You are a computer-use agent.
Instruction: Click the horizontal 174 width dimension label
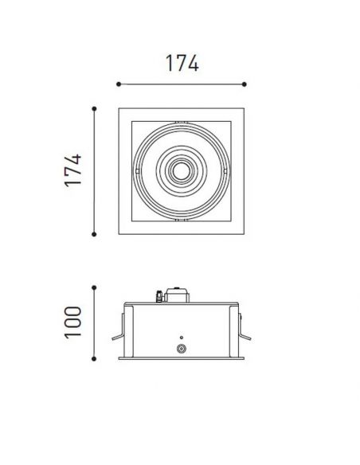pyautogui.click(x=181, y=62)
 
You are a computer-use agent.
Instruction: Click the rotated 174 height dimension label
pyautogui.click(x=74, y=170)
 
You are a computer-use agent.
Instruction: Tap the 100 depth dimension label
pyautogui.click(x=73, y=321)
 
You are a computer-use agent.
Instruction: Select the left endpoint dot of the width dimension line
pyautogui.click(x=118, y=83)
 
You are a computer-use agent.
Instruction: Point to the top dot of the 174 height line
pyautogui.click(x=95, y=107)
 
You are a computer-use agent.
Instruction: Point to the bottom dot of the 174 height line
pyautogui.click(x=95, y=233)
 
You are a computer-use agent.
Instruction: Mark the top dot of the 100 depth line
pyautogui.click(x=95, y=286)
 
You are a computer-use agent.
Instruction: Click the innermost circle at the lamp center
pyautogui.click(x=182, y=170)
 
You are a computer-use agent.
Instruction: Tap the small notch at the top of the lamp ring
pyautogui.click(x=182, y=123)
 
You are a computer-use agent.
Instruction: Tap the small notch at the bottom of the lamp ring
pyautogui.click(x=182, y=216)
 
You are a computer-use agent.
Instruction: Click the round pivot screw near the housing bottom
pyautogui.click(x=182, y=349)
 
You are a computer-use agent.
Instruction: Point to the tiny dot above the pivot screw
pyautogui.click(x=182, y=336)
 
